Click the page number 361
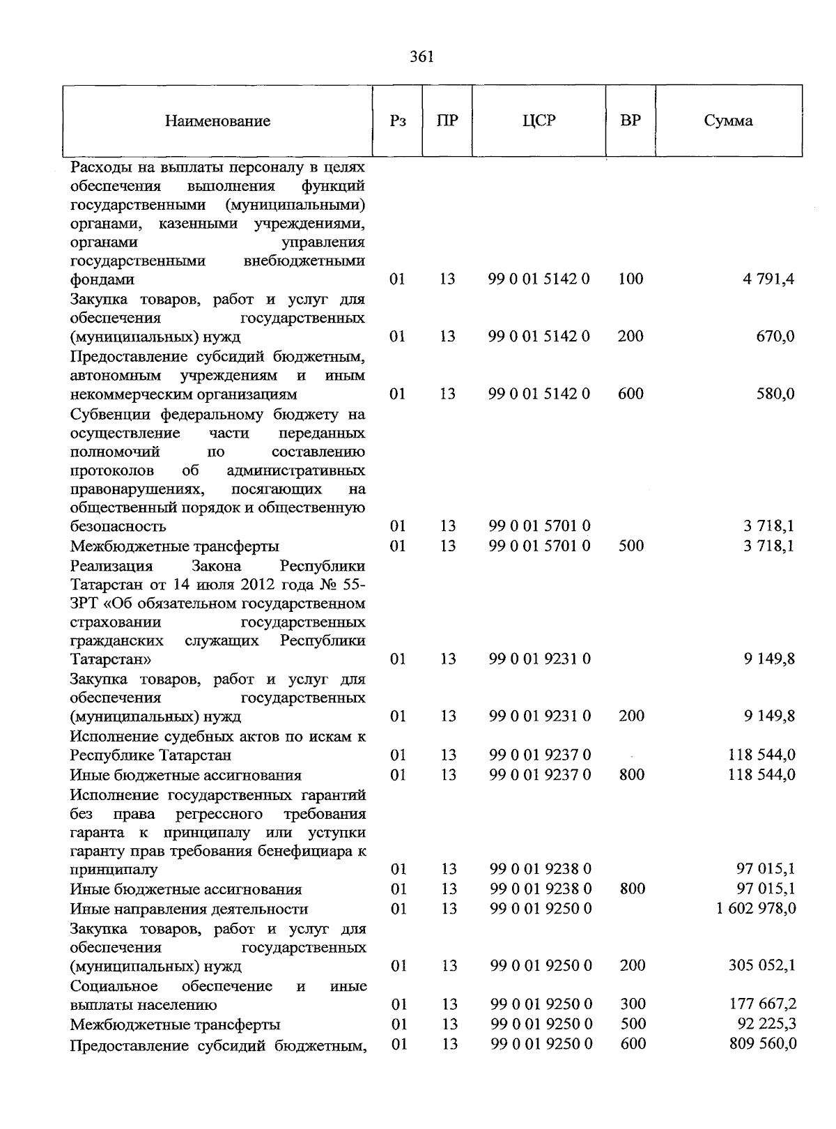421,57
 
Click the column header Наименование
217,121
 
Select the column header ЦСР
539,121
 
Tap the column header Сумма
728,121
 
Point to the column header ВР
630,121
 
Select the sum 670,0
775,337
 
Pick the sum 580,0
775,394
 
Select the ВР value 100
630,279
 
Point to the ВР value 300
633,1004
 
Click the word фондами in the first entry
102,280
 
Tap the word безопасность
118,527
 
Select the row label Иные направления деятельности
189,909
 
